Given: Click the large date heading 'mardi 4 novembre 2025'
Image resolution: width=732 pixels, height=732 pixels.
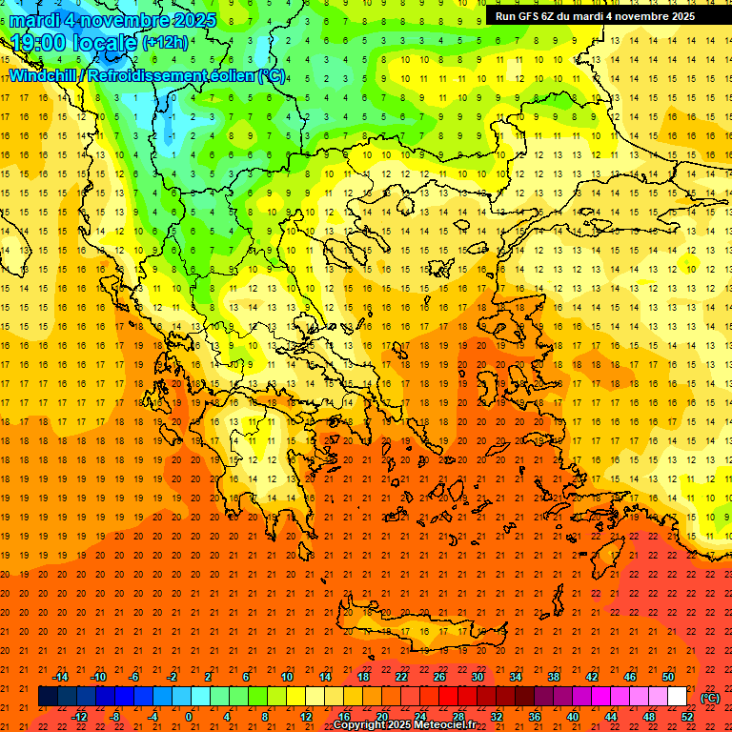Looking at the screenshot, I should pos(113,20).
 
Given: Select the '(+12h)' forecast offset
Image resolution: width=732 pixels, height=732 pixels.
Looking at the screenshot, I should pos(165,43).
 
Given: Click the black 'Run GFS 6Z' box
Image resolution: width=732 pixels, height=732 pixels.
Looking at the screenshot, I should pos(595,16).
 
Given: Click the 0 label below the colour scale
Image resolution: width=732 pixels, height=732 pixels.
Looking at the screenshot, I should pos(189,717).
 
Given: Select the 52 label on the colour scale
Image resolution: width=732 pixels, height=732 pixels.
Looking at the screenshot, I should pos(687,717).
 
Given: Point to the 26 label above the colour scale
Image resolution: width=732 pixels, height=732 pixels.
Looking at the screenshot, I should pos(439,677).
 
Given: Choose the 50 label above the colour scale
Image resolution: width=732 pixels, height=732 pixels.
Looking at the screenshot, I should pos(668,677).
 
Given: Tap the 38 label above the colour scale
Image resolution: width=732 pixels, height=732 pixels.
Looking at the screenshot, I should pos(554,677).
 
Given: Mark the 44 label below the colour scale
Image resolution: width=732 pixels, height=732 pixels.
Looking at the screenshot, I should pos(611,717).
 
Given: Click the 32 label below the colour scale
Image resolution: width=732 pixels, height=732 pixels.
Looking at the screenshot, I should pos(497,717).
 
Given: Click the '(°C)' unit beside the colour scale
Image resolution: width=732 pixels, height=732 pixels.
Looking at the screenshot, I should pos(709,698).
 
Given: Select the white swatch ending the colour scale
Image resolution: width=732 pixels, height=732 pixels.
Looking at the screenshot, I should pos(678,697).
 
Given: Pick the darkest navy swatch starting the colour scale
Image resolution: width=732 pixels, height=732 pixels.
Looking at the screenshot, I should pos(48,697).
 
